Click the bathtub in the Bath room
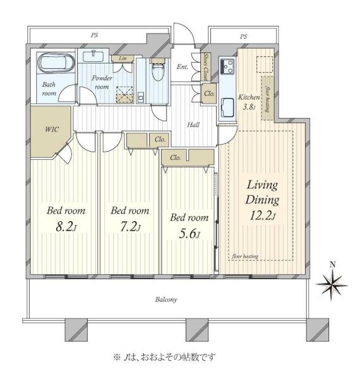[x=56, y=63]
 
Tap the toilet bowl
[x=158, y=70]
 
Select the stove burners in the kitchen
[x=227, y=66]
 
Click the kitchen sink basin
[x=227, y=107]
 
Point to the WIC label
[x=52, y=129]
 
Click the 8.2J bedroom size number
[x=66, y=227]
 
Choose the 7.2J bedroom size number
[x=130, y=227]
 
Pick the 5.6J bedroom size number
[x=189, y=234]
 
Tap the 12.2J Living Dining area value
[x=262, y=215]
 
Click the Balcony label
[x=166, y=299]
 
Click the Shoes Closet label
[x=206, y=67]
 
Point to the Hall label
[x=193, y=125]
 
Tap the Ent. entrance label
[x=182, y=66]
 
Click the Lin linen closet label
[x=123, y=58]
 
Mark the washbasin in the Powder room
[x=93, y=56]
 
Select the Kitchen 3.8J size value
[x=249, y=107]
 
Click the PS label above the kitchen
[x=244, y=37]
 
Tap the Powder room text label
[x=102, y=82]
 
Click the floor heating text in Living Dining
[x=245, y=256]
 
